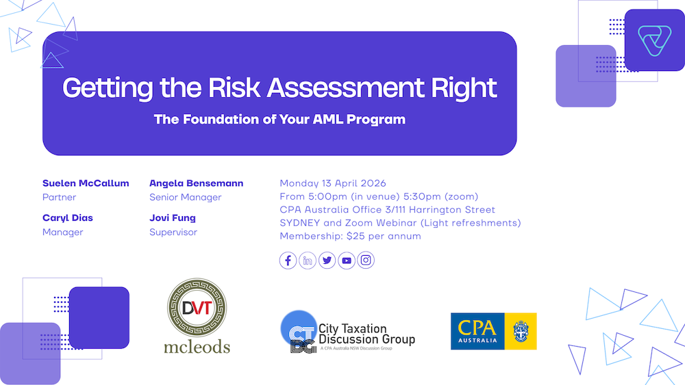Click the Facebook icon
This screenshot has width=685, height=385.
pos(288,261)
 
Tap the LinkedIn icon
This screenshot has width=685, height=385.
pos(308,261)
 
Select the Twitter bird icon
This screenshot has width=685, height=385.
pos(327,261)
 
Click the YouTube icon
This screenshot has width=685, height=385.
pos(347,261)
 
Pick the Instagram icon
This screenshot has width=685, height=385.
pos(366,261)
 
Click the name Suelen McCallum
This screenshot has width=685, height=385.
pos(86,183)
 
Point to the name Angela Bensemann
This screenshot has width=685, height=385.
pos(196,183)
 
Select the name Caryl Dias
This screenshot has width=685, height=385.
pos(68,218)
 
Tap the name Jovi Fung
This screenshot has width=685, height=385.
pos(173,218)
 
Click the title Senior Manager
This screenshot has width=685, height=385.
pos(185,197)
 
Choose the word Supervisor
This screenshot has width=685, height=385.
pos(173,232)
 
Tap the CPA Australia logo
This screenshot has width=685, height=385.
pos(494,331)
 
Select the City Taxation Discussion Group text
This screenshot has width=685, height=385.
pos(366,334)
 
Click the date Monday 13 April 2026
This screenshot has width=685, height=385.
pos(333,183)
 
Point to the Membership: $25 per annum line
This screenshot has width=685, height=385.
pos(350,236)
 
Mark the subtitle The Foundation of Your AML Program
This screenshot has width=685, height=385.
pos(279,119)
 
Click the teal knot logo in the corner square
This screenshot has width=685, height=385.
pos(654,40)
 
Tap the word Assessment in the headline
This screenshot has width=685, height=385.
pos(345,88)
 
